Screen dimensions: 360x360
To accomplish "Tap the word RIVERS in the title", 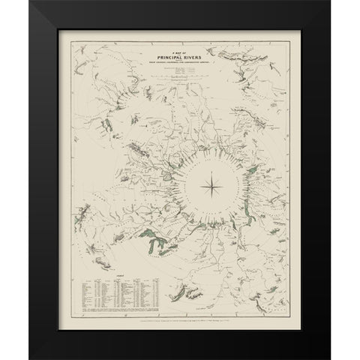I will pos(199,53).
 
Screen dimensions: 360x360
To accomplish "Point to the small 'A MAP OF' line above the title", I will pos(180,47).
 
